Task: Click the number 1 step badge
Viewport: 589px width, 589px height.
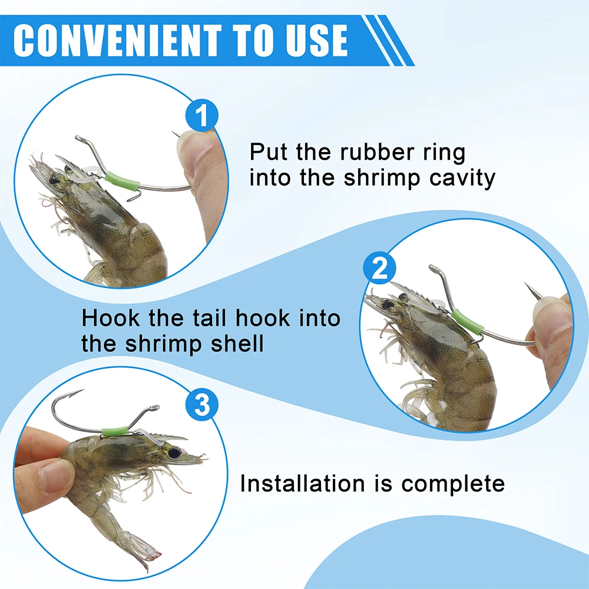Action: point(201,115)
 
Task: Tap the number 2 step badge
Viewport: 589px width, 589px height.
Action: point(379,268)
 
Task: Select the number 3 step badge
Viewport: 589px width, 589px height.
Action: point(202,405)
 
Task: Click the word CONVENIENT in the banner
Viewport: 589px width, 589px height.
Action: point(117,40)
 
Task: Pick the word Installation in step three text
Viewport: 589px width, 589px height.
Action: point(302,483)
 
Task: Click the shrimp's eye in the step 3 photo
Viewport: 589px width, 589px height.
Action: point(174,454)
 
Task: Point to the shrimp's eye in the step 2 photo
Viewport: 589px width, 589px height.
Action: point(388,305)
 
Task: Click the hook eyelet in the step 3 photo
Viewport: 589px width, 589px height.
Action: point(154,408)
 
